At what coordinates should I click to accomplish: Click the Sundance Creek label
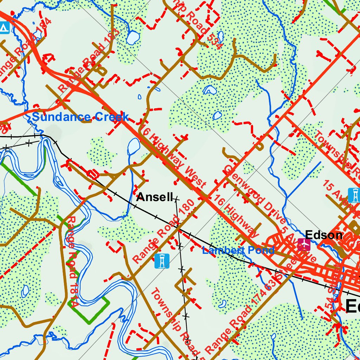pos(80,117)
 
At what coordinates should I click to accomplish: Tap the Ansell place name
pos(155,197)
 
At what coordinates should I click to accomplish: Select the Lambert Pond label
pos(238,250)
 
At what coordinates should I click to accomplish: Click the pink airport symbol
pos(304,244)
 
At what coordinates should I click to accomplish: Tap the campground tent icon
pos(4,27)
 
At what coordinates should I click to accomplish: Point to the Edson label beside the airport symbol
pos(323,235)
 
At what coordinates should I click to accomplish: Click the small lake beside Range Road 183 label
pos(133,38)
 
